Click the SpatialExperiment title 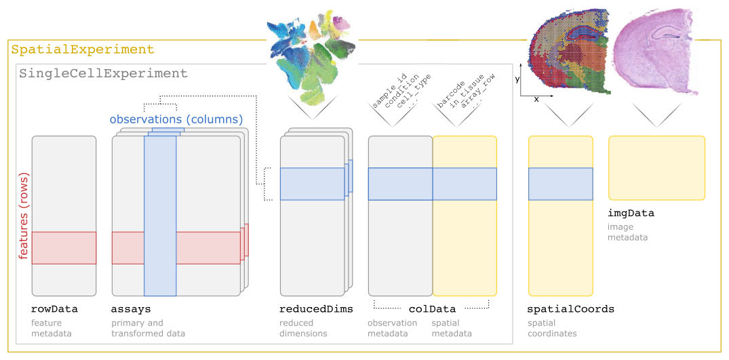pos(83,49)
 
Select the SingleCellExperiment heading pos(103,73)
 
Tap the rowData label pos(55,309)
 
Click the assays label pos(131,309)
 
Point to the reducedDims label pos(317,309)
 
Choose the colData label pos(432,309)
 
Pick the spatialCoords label pos(570,309)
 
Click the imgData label pos(631,213)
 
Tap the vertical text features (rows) pos(23,215)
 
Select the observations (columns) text pos(176,119)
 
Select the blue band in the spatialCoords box pos(560,184)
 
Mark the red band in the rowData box pos(64,247)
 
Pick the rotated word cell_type pos(414,88)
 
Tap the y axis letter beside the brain pos(517,79)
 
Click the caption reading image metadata pos(628,232)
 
